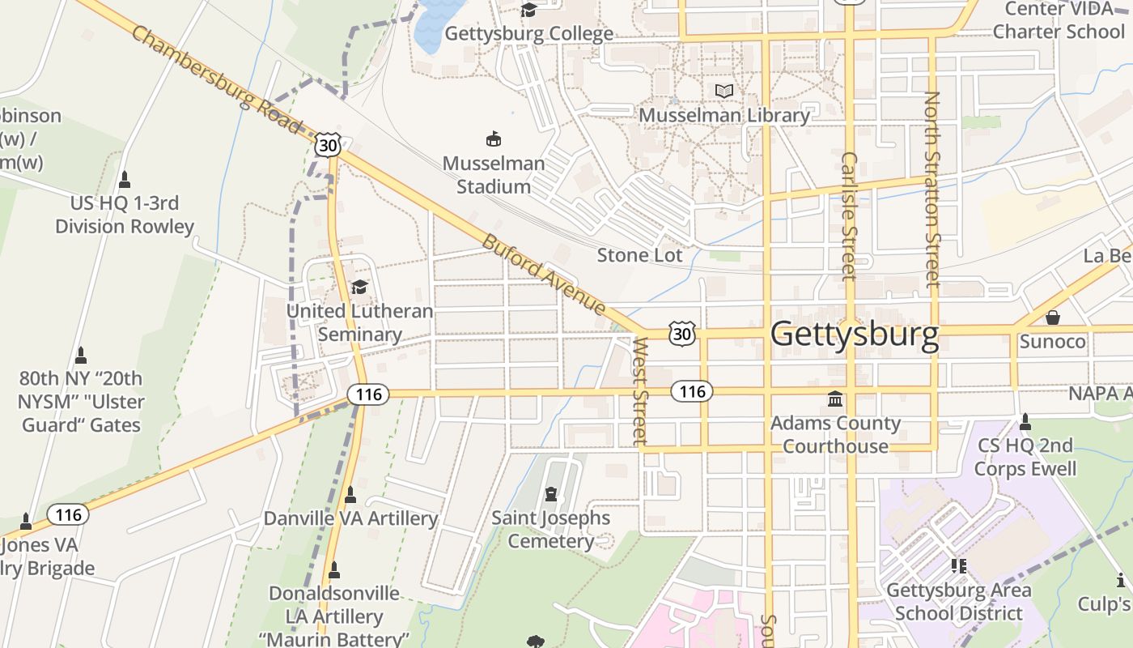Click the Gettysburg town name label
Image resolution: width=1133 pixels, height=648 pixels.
[x=855, y=334]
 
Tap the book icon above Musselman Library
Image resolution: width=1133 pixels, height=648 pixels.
[x=724, y=91]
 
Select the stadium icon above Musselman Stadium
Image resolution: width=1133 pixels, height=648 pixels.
[x=493, y=139]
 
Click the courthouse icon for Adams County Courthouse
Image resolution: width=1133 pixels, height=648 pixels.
[x=835, y=399]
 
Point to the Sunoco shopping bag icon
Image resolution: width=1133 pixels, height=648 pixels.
[x=1052, y=317]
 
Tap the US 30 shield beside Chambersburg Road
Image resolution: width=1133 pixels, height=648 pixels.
[x=328, y=145]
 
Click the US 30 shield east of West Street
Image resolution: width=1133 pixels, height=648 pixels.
[x=682, y=333]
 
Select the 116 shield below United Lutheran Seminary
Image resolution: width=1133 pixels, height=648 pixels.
[x=369, y=394]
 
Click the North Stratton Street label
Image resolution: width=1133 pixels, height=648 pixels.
[x=932, y=188]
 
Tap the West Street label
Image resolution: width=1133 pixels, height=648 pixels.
[x=640, y=391]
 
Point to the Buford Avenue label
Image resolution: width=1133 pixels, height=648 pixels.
[x=544, y=275]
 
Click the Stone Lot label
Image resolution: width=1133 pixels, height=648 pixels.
[x=639, y=255]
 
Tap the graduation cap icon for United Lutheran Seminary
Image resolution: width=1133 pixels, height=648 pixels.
[x=359, y=287]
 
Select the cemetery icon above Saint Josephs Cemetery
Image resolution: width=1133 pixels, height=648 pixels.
[x=551, y=493]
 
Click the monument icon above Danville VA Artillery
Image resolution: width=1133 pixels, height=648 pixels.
[x=350, y=494]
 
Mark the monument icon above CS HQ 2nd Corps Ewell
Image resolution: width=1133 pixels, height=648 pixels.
[x=1025, y=421]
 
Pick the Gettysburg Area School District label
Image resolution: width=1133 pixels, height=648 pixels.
[x=959, y=601]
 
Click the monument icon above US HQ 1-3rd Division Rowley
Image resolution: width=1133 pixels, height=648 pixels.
[x=125, y=179]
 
